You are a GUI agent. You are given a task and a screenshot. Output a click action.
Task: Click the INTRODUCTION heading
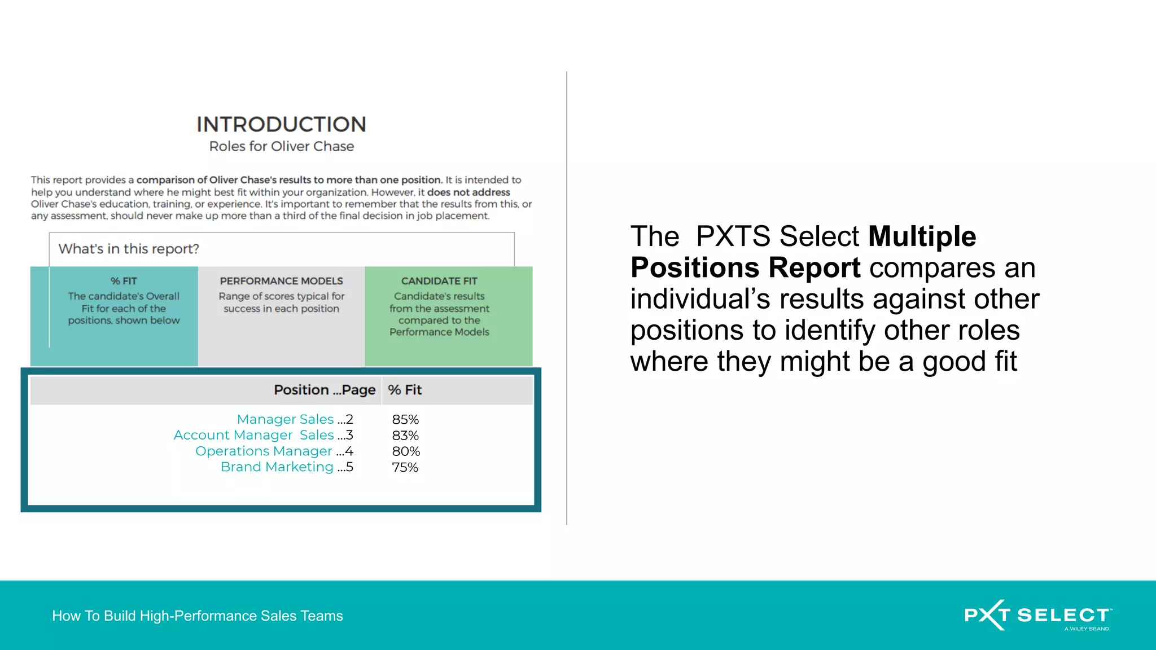pos(281,124)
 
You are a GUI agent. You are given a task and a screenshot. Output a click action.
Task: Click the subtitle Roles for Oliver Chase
pos(281,147)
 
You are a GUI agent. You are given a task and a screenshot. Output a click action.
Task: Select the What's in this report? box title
pos(129,249)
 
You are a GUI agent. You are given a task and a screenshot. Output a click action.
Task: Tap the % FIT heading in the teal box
pos(124,281)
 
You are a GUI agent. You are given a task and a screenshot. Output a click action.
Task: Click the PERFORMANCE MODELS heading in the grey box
pos(281,281)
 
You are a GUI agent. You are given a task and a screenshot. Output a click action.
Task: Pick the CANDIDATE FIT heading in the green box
pos(439,281)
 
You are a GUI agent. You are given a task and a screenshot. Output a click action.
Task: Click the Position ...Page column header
pos(324,390)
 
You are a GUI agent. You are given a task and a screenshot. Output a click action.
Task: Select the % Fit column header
pos(405,390)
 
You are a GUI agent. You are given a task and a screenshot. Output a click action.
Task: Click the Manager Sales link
pos(285,419)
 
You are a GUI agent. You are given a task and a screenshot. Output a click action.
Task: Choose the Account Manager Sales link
pos(253,435)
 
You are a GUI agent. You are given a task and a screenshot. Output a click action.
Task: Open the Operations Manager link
pos(264,451)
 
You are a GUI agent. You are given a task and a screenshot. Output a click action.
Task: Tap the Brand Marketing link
pos(277,467)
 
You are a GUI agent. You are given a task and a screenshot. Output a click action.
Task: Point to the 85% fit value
pos(405,420)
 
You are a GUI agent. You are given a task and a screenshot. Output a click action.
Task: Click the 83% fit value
pos(405,436)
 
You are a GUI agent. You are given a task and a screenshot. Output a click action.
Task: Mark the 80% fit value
pos(406,451)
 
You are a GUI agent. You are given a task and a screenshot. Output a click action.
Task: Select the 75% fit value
pos(405,467)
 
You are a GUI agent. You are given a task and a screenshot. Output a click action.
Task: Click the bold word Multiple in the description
pos(922,236)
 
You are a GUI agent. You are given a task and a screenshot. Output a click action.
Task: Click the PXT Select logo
pos(1037,615)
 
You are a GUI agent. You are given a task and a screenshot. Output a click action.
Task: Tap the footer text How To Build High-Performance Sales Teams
pos(198,616)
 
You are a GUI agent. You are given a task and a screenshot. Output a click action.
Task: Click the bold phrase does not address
pos(468,192)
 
